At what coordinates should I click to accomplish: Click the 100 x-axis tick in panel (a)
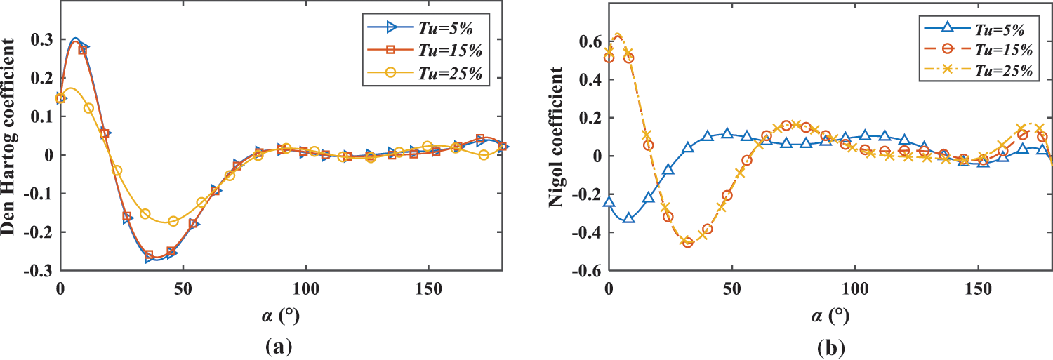[305, 289]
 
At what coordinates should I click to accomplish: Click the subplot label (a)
[274, 346]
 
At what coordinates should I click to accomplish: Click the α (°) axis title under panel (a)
[274, 316]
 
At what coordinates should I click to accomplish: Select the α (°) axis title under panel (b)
[828, 316]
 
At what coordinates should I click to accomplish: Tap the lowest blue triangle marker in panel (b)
[629, 218]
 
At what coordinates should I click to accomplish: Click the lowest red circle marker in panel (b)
[687, 243]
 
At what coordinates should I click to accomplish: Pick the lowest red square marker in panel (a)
[149, 255]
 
